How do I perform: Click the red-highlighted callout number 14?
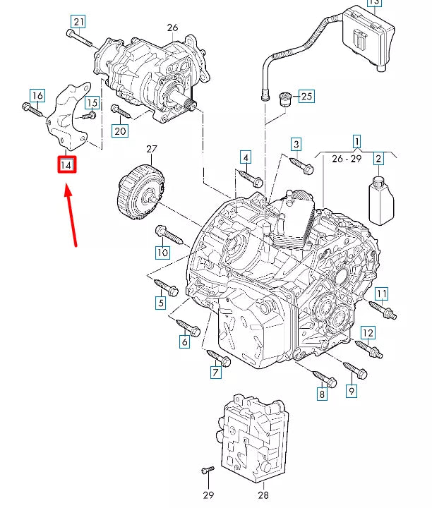point(66,165)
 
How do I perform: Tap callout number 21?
point(78,22)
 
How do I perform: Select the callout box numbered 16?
point(37,95)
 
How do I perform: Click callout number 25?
point(306,95)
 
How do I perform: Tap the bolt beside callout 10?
point(170,234)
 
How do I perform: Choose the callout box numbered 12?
point(368,332)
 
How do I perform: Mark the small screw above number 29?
point(208,470)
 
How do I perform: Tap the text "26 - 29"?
point(346,159)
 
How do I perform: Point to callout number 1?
point(356,141)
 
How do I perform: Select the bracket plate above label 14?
point(68,117)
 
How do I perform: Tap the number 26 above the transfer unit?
point(172,28)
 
